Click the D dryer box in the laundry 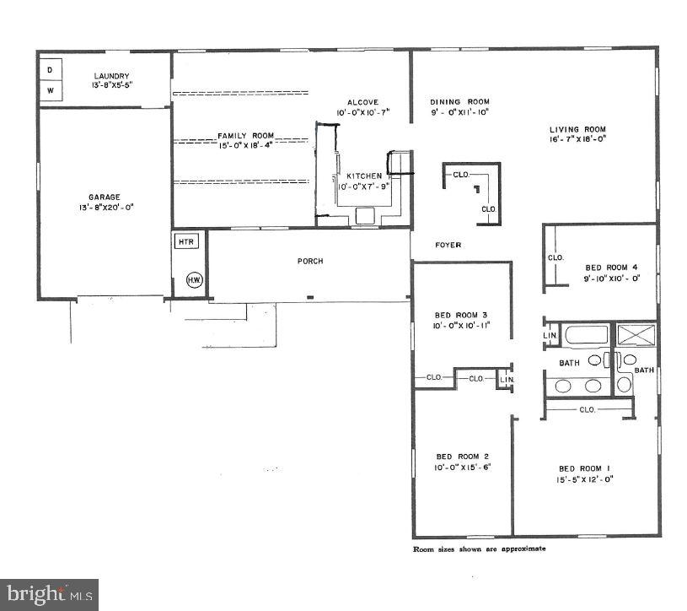click(x=50, y=69)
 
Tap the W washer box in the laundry click(x=50, y=89)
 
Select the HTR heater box click(x=185, y=241)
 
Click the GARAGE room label click(x=105, y=197)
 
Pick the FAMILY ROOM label click(x=246, y=136)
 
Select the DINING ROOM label click(x=459, y=101)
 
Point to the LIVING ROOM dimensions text click(x=577, y=138)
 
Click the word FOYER click(x=448, y=245)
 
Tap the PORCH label click(x=310, y=261)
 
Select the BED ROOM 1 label click(x=585, y=468)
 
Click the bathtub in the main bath click(x=586, y=336)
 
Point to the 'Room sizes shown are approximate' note click(x=479, y=549)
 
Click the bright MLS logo click(x=48, y=594)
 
